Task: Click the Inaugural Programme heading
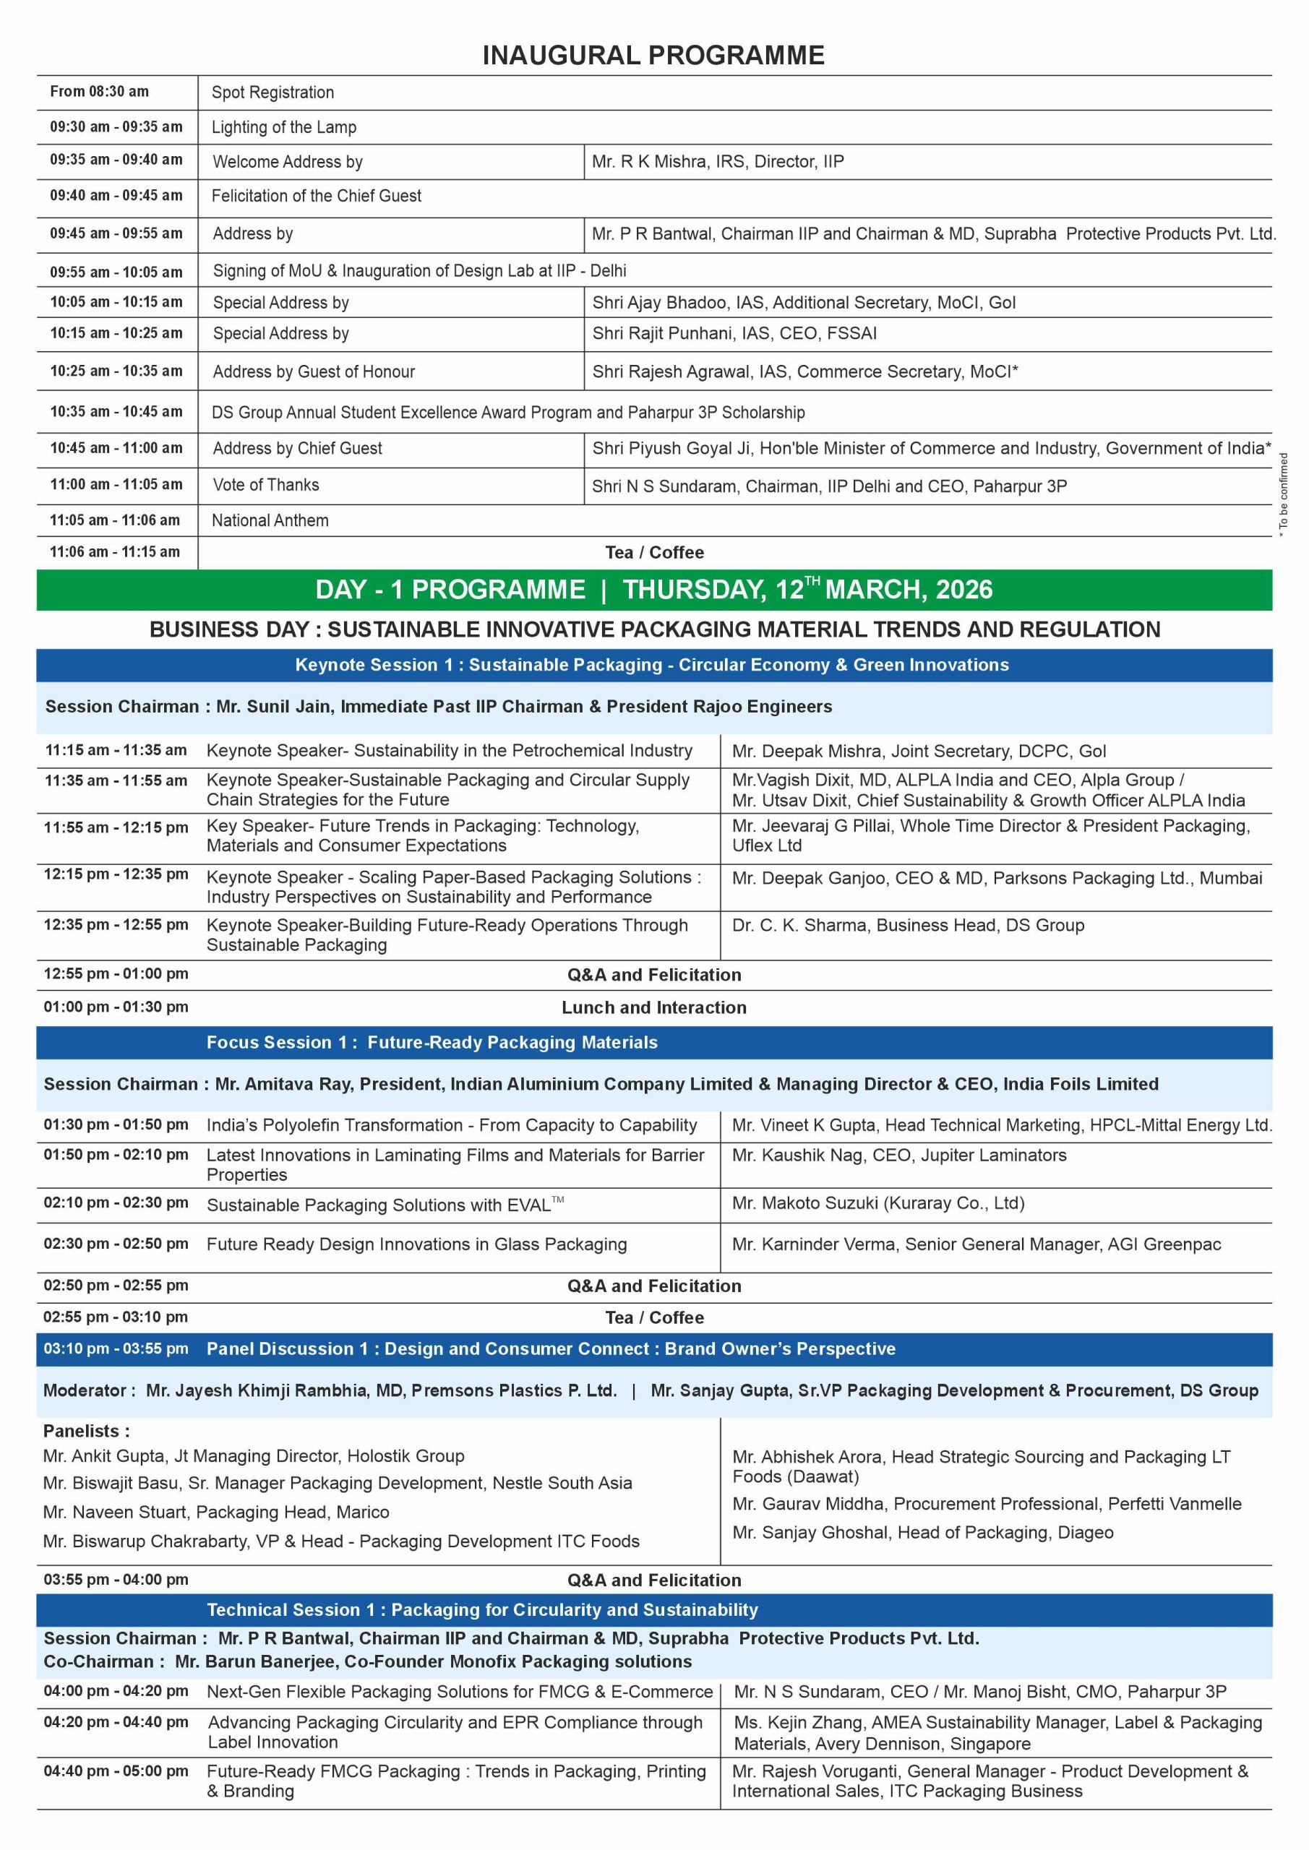653,55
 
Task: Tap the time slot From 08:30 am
99,92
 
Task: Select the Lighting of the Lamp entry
284,127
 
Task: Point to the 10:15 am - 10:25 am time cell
116,332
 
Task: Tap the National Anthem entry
270,520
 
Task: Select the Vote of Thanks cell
266,485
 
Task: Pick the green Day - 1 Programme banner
653,590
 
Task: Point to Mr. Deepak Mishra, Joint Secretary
918,751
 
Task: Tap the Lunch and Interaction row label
653,1007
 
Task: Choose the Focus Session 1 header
432,1043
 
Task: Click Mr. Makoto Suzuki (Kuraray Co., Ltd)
877,1203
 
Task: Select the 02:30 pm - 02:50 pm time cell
116,1243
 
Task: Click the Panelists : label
86,1431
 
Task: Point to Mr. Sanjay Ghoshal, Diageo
922,1533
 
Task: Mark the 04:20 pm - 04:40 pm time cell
116,1722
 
